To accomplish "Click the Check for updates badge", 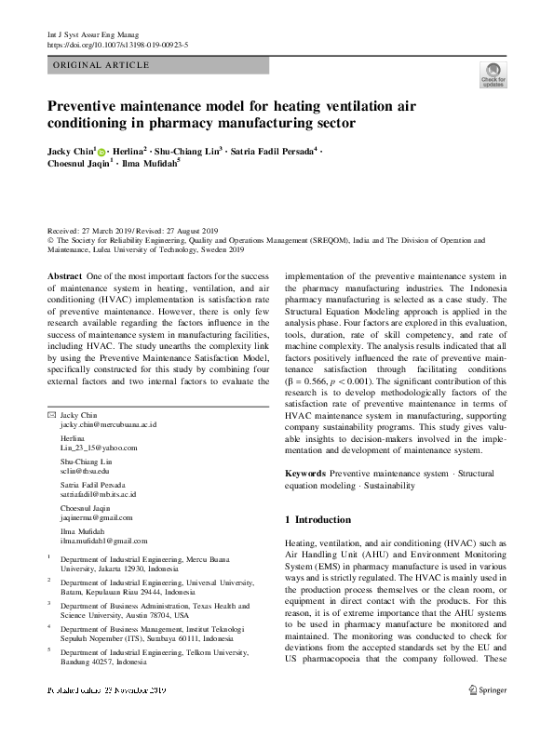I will (493, 75).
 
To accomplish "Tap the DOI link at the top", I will (117, 44).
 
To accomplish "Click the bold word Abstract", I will (65, 277).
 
